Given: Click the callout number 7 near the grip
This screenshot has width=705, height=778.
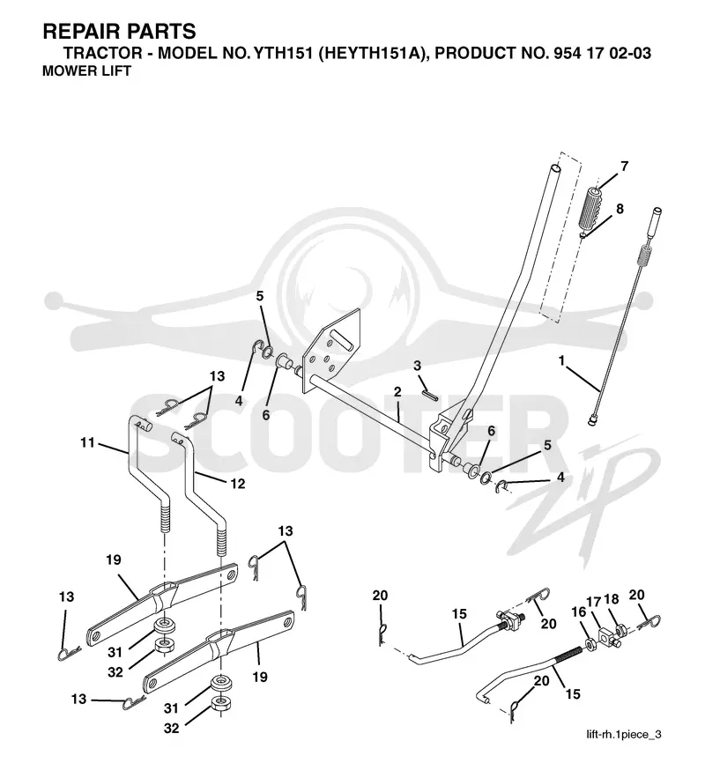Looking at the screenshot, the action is [x=624, y=167].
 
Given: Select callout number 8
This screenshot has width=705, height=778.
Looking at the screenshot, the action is [x=620, y=209].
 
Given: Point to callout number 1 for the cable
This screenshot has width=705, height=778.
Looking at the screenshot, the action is [x=561, y=360].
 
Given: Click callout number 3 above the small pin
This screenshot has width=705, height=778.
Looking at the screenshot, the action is [x=417, y=366].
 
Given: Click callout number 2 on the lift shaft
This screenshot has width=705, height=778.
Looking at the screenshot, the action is [x=397, y=392].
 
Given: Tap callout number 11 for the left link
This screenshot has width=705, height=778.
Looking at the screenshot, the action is [x=87, y=442].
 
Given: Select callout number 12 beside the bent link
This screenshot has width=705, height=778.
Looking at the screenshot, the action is [x=238, y=483].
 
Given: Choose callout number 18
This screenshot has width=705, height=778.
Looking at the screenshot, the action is [x=612, y=599].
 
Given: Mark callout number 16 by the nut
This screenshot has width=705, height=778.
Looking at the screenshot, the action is [x=578, y=612].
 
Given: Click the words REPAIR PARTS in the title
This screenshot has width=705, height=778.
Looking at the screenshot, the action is [x=120, y=31].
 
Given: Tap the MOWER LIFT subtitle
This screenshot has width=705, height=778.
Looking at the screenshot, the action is [x=87, y=71].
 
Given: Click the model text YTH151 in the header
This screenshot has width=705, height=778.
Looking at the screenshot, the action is [x=283, y=53].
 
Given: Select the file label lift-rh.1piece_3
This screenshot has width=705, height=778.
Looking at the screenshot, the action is [x=624, y=734].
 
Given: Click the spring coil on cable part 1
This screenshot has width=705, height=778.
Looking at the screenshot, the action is [x=644, y=257].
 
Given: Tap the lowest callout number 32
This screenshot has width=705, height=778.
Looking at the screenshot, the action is [x=171, y=729].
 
